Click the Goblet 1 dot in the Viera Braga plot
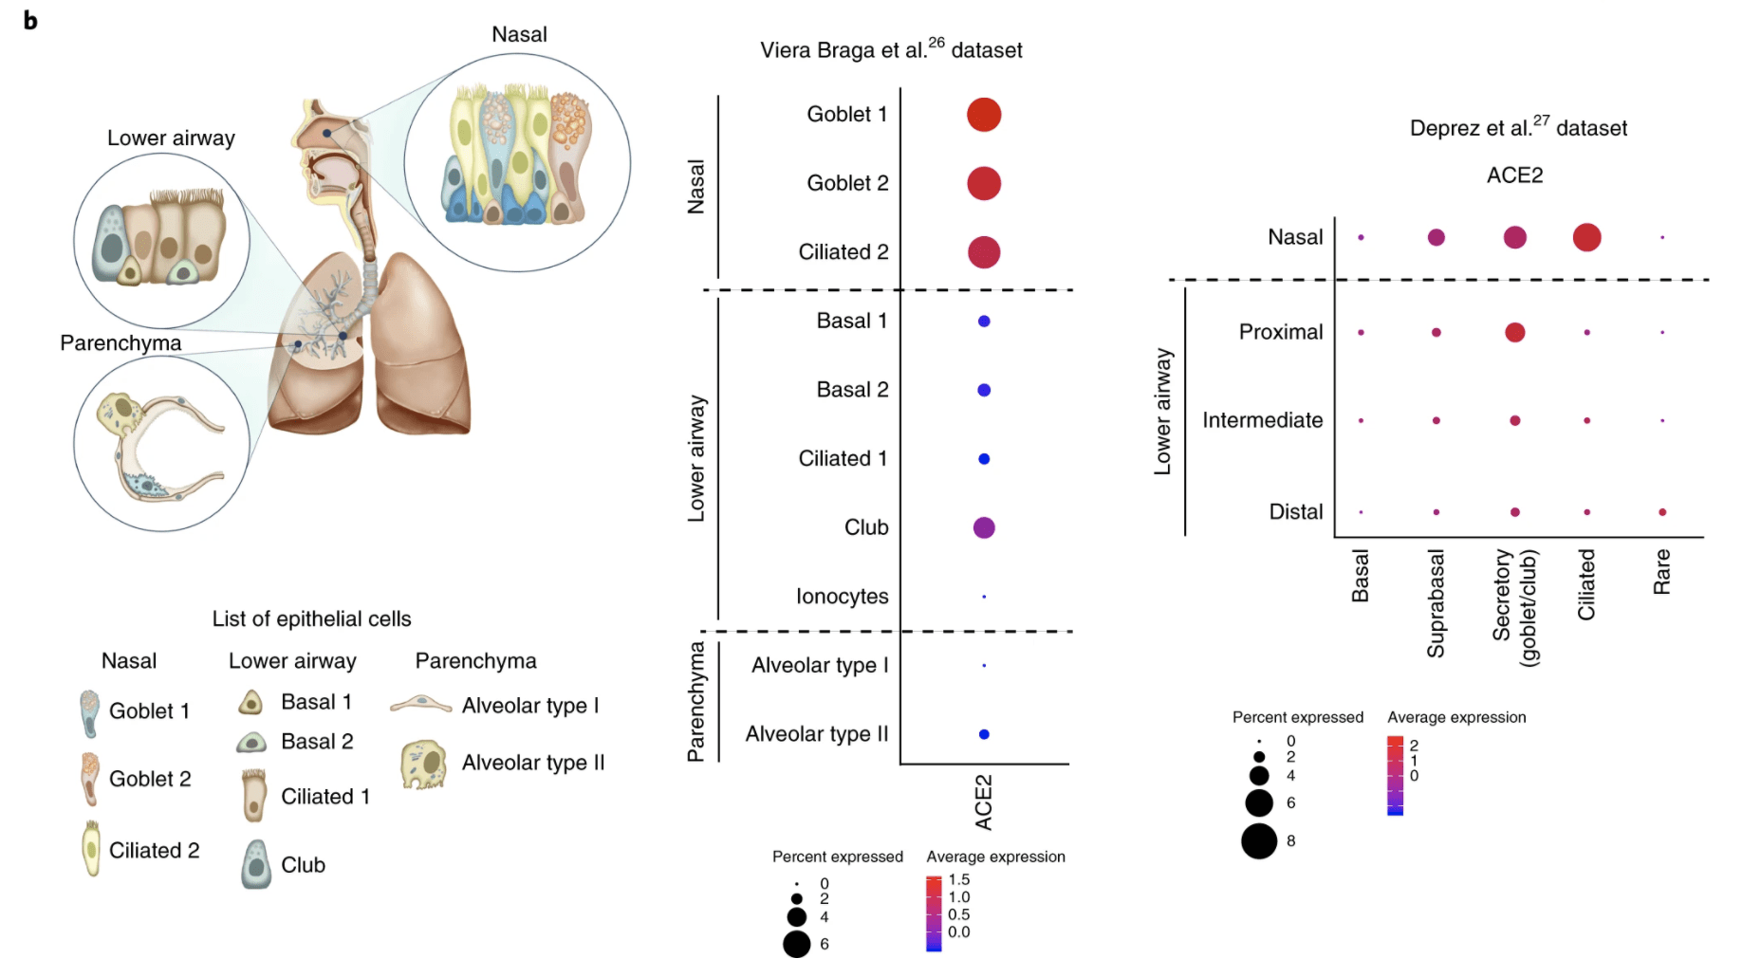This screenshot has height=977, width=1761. pos(984,115)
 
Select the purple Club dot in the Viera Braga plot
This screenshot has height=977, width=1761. pos(984,527)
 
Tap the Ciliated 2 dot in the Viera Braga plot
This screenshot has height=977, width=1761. pos(984,252)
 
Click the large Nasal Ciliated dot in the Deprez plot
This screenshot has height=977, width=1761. pos(1586,237)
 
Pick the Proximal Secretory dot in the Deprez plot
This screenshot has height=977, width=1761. pos(1514,332)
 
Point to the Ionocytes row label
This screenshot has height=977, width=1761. pos(842,597)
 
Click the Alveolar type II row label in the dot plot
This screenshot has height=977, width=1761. pos(816,734)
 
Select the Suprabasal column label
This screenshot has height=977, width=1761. pos(1436,603)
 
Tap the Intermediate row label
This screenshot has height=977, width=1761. pos(1262,420)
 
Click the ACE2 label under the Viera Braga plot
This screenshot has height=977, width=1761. pos(984,802)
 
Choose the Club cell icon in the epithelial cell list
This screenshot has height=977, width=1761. pos(255,864)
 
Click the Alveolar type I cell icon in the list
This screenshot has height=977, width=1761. pos(420,705)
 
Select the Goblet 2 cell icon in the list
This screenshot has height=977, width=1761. pos(89,779)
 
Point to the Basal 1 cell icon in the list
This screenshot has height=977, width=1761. pos(250,703)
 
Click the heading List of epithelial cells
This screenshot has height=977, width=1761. pos(311,619)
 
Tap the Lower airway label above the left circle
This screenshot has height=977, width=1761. pos(171,138)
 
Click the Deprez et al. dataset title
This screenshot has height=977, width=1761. pos(1518,128)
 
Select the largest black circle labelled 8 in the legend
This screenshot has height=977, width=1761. pos(1259,841)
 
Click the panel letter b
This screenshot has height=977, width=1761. pos(30,21)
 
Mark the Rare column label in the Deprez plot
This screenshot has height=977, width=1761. pos(1661,572)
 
